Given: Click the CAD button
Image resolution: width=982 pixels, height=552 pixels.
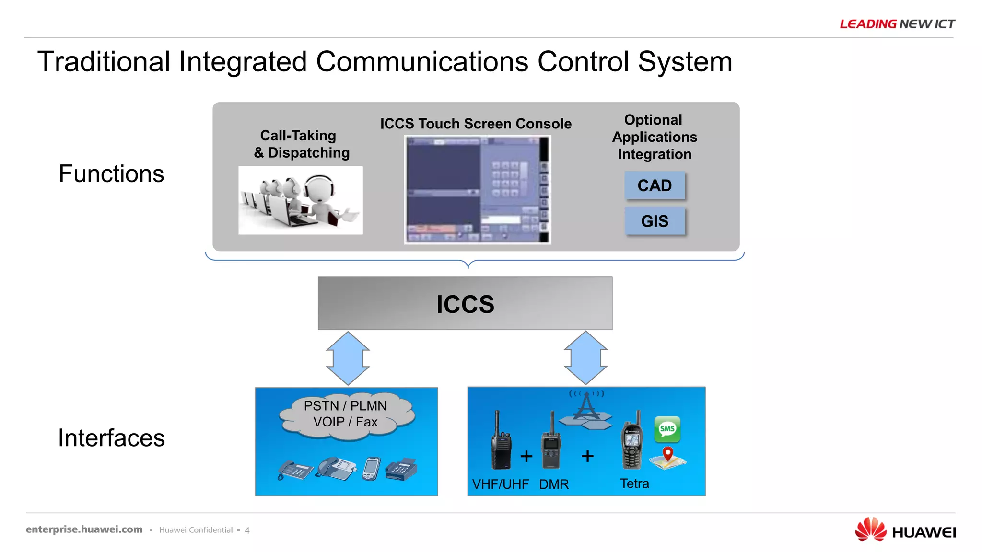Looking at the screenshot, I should click(655, 185).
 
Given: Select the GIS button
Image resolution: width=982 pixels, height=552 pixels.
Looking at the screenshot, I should click(655, 221).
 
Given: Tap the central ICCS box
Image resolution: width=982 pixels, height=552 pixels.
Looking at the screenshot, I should click(465, 303).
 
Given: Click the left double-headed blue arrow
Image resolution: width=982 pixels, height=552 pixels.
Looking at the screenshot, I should click(348, 358).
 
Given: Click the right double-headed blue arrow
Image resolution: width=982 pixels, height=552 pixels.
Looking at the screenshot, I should click(585, 358).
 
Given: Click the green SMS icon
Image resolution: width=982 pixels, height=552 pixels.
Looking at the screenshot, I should click(667, 429).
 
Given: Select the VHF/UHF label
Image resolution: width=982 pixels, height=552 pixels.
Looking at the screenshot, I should click(500, 484).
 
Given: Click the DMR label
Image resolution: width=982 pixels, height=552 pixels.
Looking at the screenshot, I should click(554, 484).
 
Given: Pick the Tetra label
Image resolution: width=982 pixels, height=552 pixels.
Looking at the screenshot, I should click(634, 483).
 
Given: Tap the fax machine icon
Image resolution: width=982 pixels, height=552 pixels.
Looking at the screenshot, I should click(401, 469).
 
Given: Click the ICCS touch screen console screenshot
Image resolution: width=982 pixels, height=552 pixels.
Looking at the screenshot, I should click(478, 190).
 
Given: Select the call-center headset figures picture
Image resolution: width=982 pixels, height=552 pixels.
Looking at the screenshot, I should click(301, 200).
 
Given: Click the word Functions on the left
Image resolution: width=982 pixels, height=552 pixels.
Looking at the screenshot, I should click(111, 173).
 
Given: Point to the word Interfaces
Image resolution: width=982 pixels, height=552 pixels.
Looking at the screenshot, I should click(111, 437).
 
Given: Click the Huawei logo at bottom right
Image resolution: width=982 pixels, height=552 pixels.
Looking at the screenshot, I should click(905, 530).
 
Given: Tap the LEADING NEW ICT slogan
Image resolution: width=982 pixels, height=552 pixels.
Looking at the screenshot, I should click(897, 24).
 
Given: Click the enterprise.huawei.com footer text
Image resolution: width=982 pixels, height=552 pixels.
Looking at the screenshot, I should click(84, 529).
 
